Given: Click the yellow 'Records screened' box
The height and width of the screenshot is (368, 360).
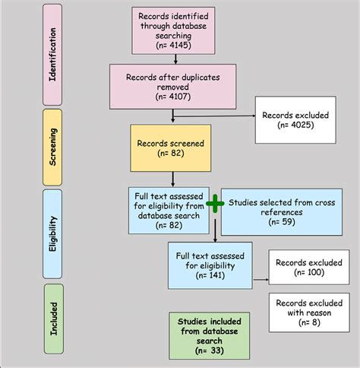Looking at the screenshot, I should tap(175, 148).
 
